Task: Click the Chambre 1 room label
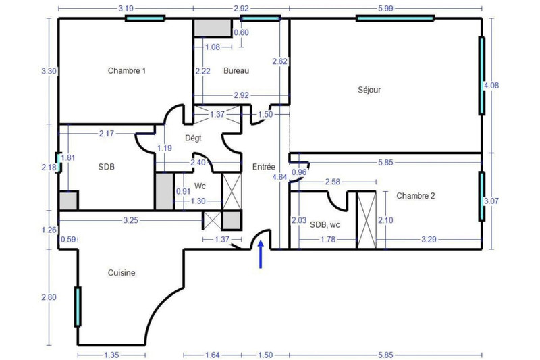pos(127,71)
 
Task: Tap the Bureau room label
pos(236,71)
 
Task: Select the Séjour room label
pos(369,90)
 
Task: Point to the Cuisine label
pos(122,272)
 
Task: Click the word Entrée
pos(264,167)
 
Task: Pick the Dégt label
pos(193,138)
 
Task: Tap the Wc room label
pos(200,186)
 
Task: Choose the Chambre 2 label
pos(416,196)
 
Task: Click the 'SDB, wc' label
pos(325,225)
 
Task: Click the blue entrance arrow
pos(261,254)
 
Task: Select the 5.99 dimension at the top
pos(385,9)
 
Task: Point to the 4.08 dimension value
pos(491,85)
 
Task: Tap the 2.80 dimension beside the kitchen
pos(49,297)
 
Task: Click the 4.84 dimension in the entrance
pos(279,177)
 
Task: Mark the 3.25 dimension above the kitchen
pos(130,220)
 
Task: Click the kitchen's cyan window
pos(78,307)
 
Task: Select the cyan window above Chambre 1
pos(145,18)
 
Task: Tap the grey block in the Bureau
pos(213,28)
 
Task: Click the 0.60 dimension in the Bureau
pos(241,32)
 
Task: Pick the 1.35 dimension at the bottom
pos(111,355)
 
